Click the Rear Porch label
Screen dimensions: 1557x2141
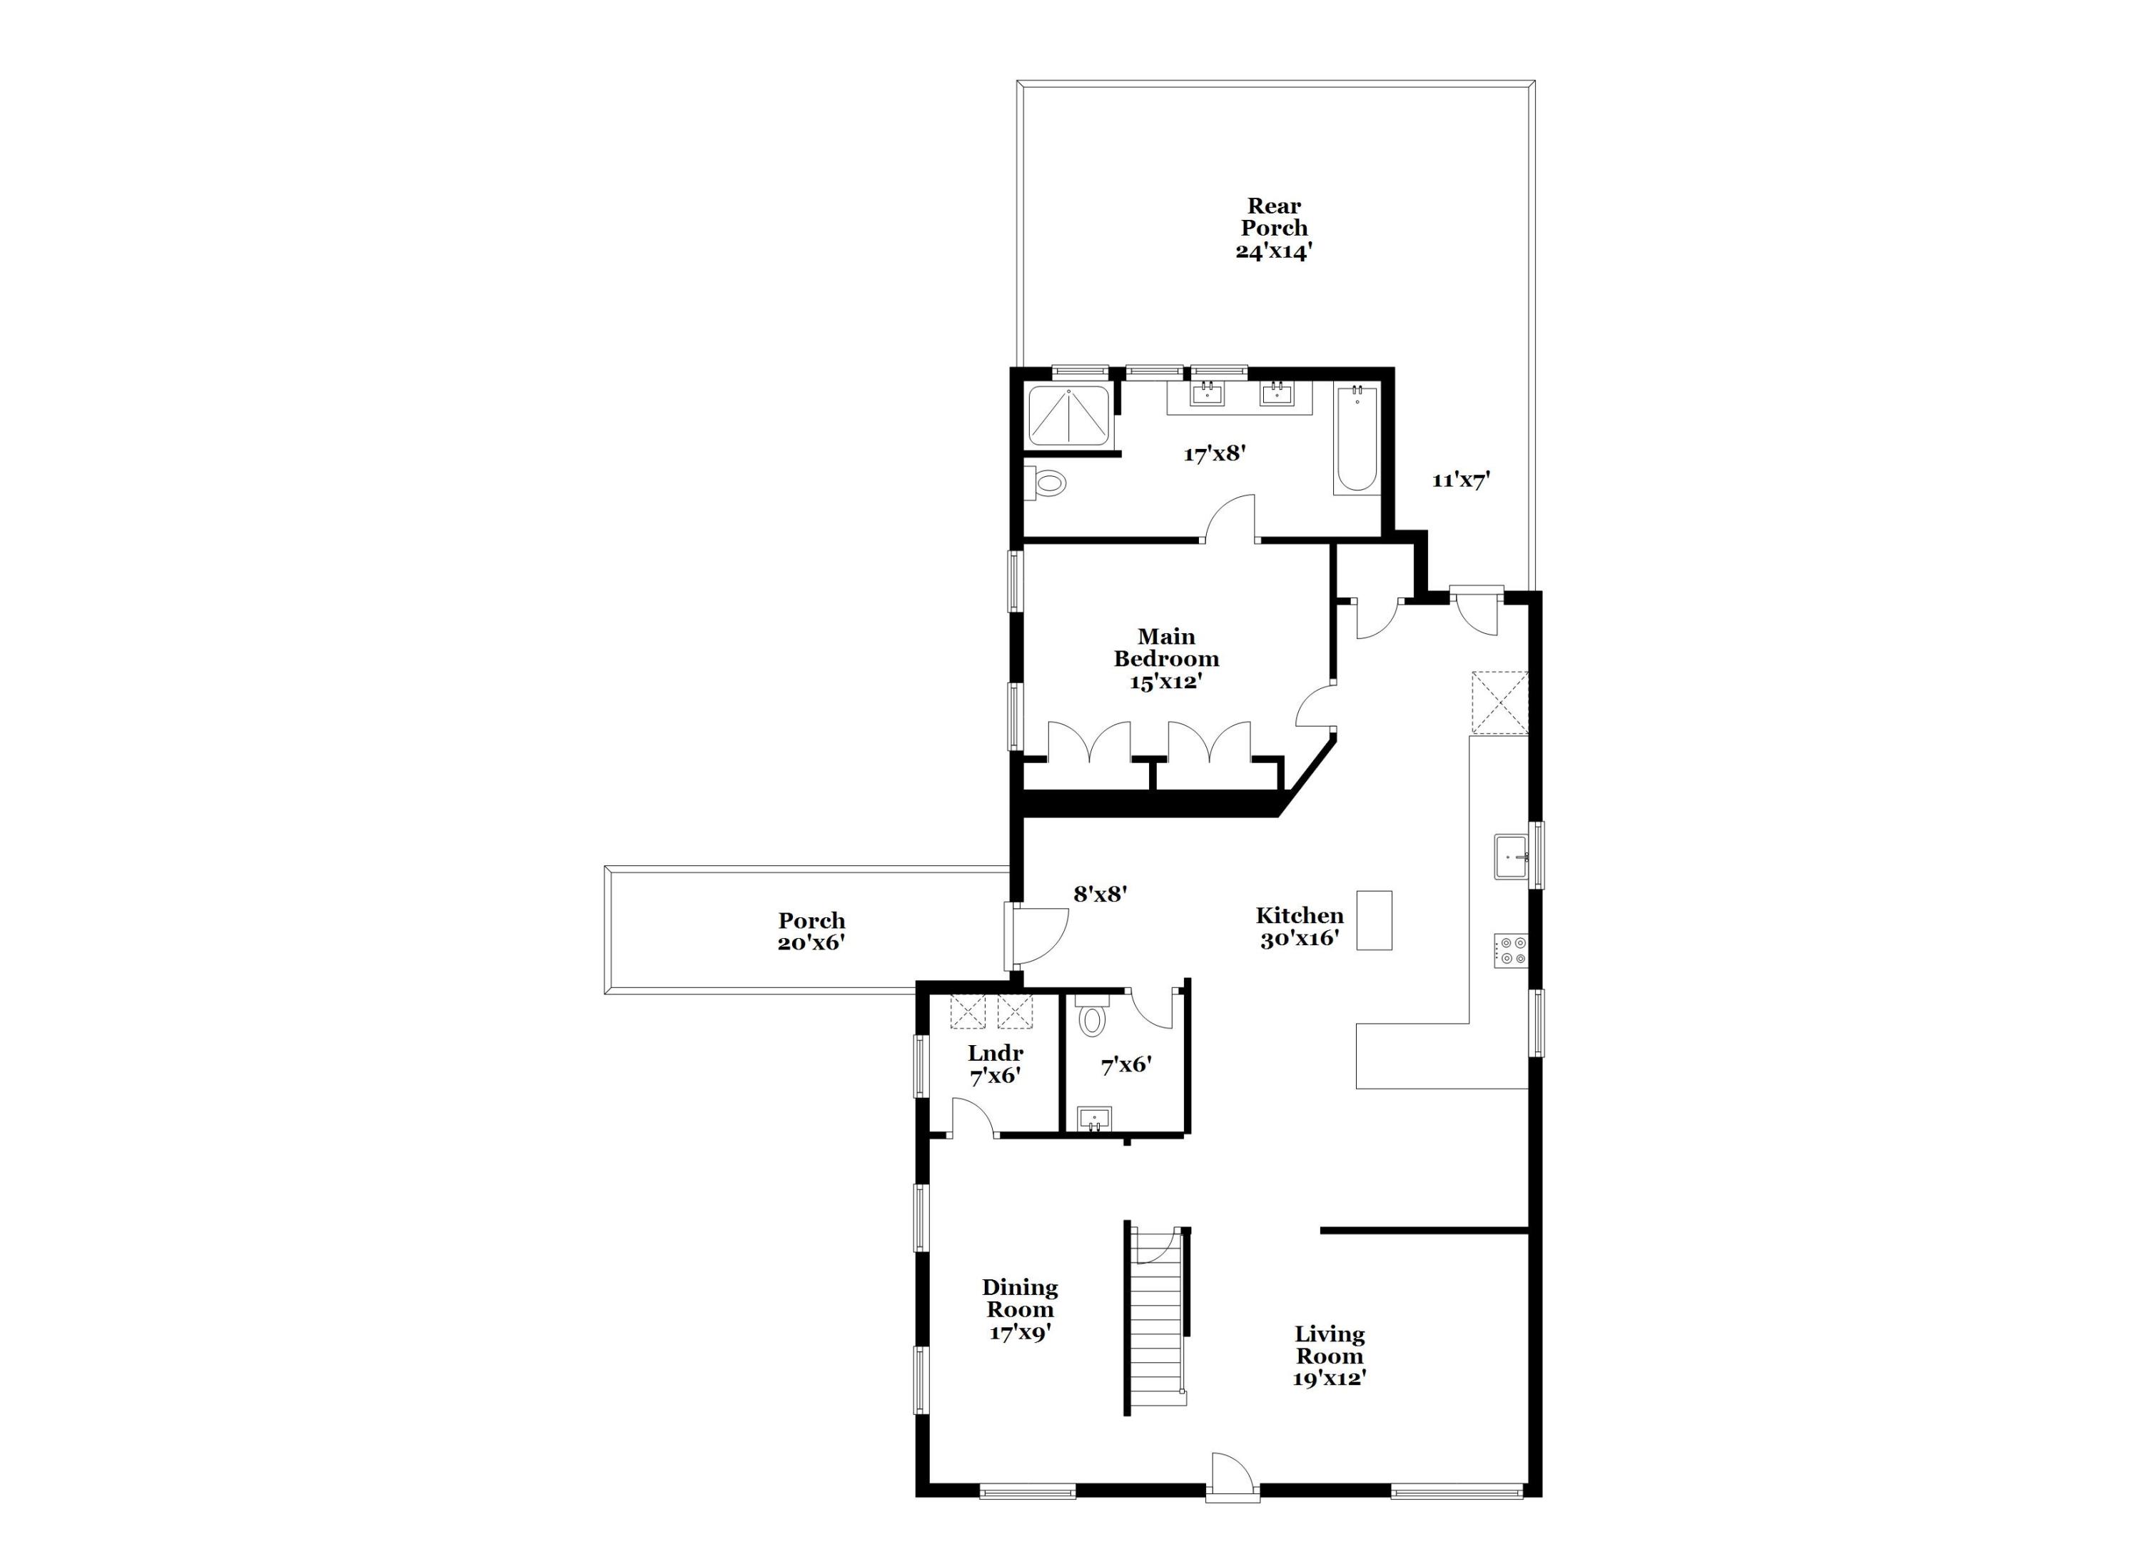[1273, 228]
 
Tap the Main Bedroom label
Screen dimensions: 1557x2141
[1166, 659]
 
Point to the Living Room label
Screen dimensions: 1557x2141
[1329, 1356]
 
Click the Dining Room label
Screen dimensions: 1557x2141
[1020, 1309]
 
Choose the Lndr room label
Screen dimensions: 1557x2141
[995, 1063]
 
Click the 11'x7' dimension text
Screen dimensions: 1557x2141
[1460, 480]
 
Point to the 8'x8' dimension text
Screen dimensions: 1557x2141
[1100, 893]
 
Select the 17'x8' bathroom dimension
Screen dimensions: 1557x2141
[1215, 453]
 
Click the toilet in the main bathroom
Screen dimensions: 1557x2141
[1046, 483]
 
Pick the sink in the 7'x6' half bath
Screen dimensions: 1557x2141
[1095, 1119]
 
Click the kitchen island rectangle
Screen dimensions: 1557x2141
[1375, 919]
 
